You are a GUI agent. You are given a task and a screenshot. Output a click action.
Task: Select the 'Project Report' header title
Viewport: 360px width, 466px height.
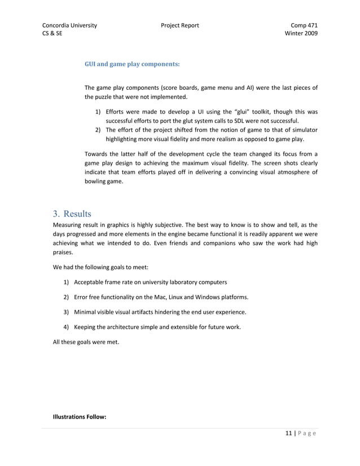tap(179, 25)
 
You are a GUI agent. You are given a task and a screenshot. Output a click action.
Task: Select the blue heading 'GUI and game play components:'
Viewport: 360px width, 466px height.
tap(131, 64)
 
